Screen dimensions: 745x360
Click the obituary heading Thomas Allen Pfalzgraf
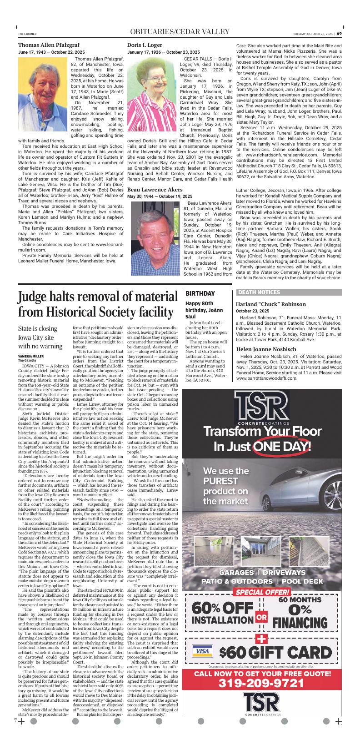click(49, 45)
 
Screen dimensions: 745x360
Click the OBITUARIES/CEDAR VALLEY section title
click(180, 32)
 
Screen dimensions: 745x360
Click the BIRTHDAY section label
click(200, 294)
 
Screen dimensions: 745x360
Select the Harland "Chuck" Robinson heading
click(270, 304)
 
